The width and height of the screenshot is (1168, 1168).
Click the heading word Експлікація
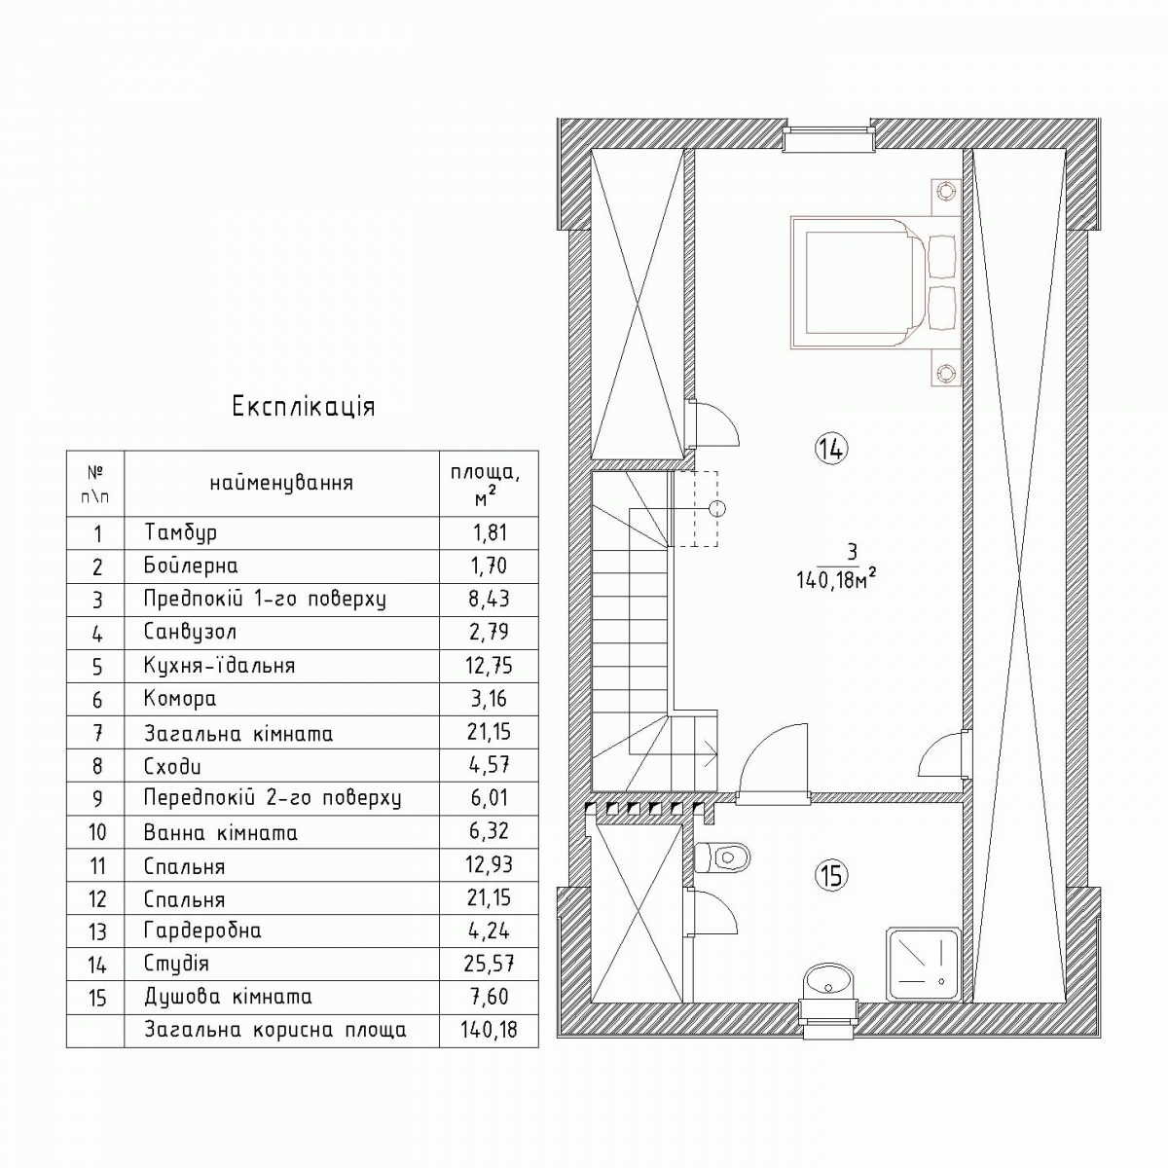click(x=304, y=407)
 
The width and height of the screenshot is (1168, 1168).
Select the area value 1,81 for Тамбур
click(x=490, y=533)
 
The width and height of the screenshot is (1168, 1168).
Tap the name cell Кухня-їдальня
click(x=219, y=666)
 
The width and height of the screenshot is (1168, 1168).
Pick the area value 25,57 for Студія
click(x=489, y=964)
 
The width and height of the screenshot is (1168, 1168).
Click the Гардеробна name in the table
click(x=202, y=931)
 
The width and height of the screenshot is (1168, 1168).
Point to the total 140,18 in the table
click(x=489, y=1030)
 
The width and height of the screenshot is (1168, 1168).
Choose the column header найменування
click(x=281, y=484)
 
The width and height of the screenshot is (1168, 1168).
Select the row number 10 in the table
click(x=97, y=832)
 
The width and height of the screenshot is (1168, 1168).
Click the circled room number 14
click(x=831, y=449)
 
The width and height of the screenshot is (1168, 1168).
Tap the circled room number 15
click(x=831, y=875)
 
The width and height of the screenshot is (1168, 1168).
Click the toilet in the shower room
click(x=721, y=858)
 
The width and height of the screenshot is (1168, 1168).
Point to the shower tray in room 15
click(x=923, y=965)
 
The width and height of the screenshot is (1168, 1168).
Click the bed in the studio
click(x=873, y=283)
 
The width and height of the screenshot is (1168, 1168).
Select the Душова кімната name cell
click(x=228, y=997)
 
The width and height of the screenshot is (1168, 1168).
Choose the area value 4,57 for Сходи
click(x=489, y=766)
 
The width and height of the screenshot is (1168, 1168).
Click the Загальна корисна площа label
click(x=275, y=1031)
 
